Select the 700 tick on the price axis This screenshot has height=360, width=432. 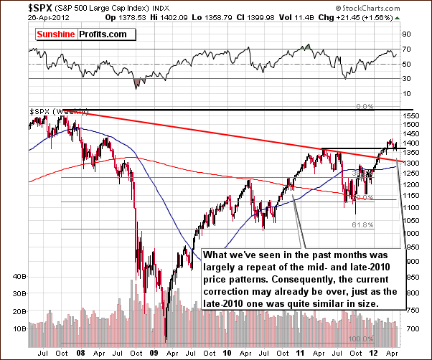click(x=412, y=328)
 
